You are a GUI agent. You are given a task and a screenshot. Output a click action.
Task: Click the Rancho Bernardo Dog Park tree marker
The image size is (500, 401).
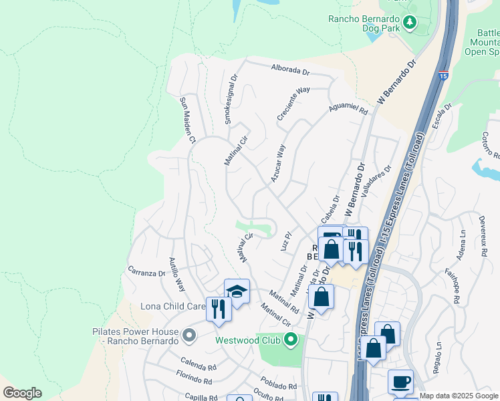(x=409, y=23)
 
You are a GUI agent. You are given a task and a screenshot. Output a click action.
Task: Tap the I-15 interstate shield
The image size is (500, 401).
(x=443, y=76)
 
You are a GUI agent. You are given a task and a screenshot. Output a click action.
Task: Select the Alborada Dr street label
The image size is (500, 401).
(x=291, y=68)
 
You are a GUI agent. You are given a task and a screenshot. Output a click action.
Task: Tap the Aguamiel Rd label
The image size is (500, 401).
(x=348, y=108)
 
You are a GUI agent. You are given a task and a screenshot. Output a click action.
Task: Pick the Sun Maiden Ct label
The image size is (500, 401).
(x=186, y=120)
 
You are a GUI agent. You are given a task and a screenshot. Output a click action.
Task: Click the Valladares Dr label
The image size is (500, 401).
(x=376, y=182)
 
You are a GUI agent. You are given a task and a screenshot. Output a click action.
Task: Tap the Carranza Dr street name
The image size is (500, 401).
(x=146, y=273)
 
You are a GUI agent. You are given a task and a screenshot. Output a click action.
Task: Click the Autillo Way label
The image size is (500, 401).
(x=176, y=275)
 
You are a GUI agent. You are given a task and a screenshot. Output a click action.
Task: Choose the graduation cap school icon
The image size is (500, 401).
(x=237, y=291)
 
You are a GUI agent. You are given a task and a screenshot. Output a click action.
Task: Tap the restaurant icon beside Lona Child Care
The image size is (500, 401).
(x=219, y=309)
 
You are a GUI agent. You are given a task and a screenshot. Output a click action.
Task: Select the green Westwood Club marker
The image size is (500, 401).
(x=290, y=340)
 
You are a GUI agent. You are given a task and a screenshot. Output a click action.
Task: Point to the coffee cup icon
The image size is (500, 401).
(x=400, y=382)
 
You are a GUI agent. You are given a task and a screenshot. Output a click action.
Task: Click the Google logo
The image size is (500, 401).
(x=22, y=393)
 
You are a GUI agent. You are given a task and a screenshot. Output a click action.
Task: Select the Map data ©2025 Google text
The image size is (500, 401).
(x=459, y=396)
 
